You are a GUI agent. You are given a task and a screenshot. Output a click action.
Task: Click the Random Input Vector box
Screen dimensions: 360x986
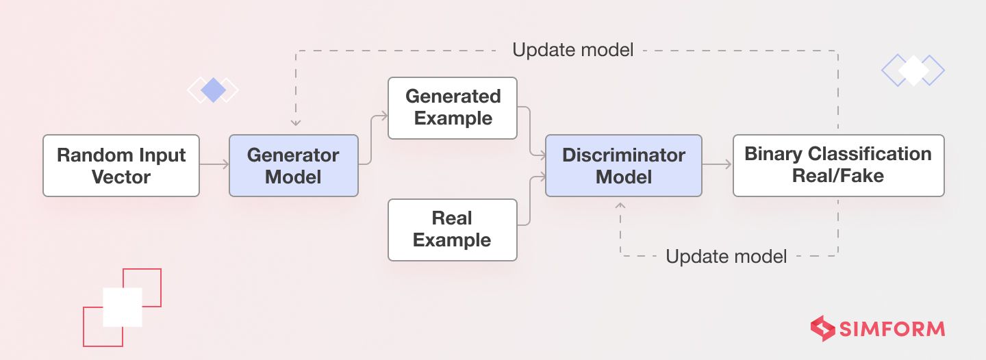121,166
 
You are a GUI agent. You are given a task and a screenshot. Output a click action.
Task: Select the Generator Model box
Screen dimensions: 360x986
293,166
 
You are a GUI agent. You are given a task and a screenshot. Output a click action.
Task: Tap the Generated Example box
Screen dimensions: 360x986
452,108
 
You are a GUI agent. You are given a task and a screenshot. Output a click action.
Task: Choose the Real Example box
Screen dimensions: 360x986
452,229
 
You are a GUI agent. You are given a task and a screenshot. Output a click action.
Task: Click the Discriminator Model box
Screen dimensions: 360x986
623,166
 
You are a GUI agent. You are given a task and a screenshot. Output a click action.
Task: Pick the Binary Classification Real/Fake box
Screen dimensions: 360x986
838,166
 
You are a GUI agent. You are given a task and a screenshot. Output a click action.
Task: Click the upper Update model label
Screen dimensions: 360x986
572,50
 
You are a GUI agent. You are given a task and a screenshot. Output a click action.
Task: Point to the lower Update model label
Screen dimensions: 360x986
726,257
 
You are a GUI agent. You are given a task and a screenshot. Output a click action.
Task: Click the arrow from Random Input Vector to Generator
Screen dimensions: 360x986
214,166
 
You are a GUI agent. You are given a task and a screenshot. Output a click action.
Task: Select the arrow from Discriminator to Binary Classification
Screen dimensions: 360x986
717,166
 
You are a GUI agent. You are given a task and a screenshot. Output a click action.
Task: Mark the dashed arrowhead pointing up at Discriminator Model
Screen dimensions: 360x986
621,206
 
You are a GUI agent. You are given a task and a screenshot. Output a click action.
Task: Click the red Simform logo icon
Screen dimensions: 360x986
822,329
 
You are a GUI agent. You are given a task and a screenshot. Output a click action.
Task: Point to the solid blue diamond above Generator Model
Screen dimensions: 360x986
213,90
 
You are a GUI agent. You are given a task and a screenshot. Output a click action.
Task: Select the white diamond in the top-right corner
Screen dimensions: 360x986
913,70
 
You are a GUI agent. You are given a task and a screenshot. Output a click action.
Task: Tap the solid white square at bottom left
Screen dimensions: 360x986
123,307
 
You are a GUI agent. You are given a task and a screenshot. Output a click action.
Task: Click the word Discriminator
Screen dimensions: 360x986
623,155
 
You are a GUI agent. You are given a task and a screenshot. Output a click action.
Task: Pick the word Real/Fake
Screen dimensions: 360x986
838,177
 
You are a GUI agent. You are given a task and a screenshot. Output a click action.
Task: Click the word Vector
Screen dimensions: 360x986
121,177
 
